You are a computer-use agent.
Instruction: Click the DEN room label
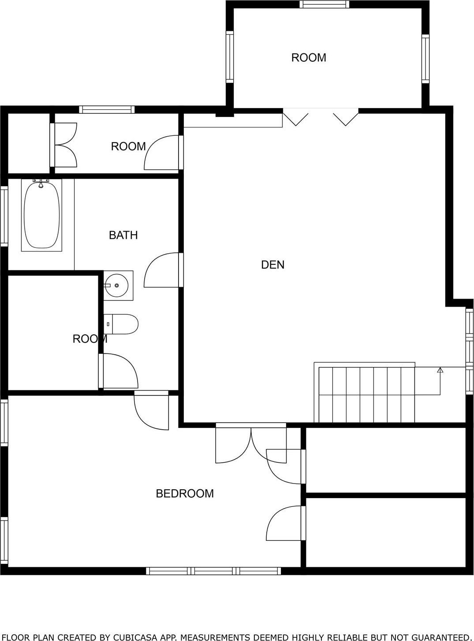tap(272, 265)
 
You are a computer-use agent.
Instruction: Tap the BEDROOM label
tap(185, 493)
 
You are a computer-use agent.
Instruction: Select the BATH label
tap(123, 235)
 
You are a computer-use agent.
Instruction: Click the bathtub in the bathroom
tap(41, 215)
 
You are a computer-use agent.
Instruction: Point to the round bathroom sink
tap(117, 285)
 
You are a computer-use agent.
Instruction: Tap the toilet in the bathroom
tap(121, 324)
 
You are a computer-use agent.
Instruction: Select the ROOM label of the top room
tap(309, 58)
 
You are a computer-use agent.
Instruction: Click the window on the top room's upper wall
tap(324, 4)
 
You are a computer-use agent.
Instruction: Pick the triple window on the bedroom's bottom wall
tap(213, 571)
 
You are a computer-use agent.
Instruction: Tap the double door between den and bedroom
tap(250, 443)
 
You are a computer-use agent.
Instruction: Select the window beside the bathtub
tap(4, 216)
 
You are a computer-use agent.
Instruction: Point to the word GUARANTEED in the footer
tap(441, 637)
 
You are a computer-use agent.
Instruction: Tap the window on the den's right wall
tap(469, 351)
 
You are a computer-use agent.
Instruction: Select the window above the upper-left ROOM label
tap(107, 110)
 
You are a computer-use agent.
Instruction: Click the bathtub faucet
tap(41, 183)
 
